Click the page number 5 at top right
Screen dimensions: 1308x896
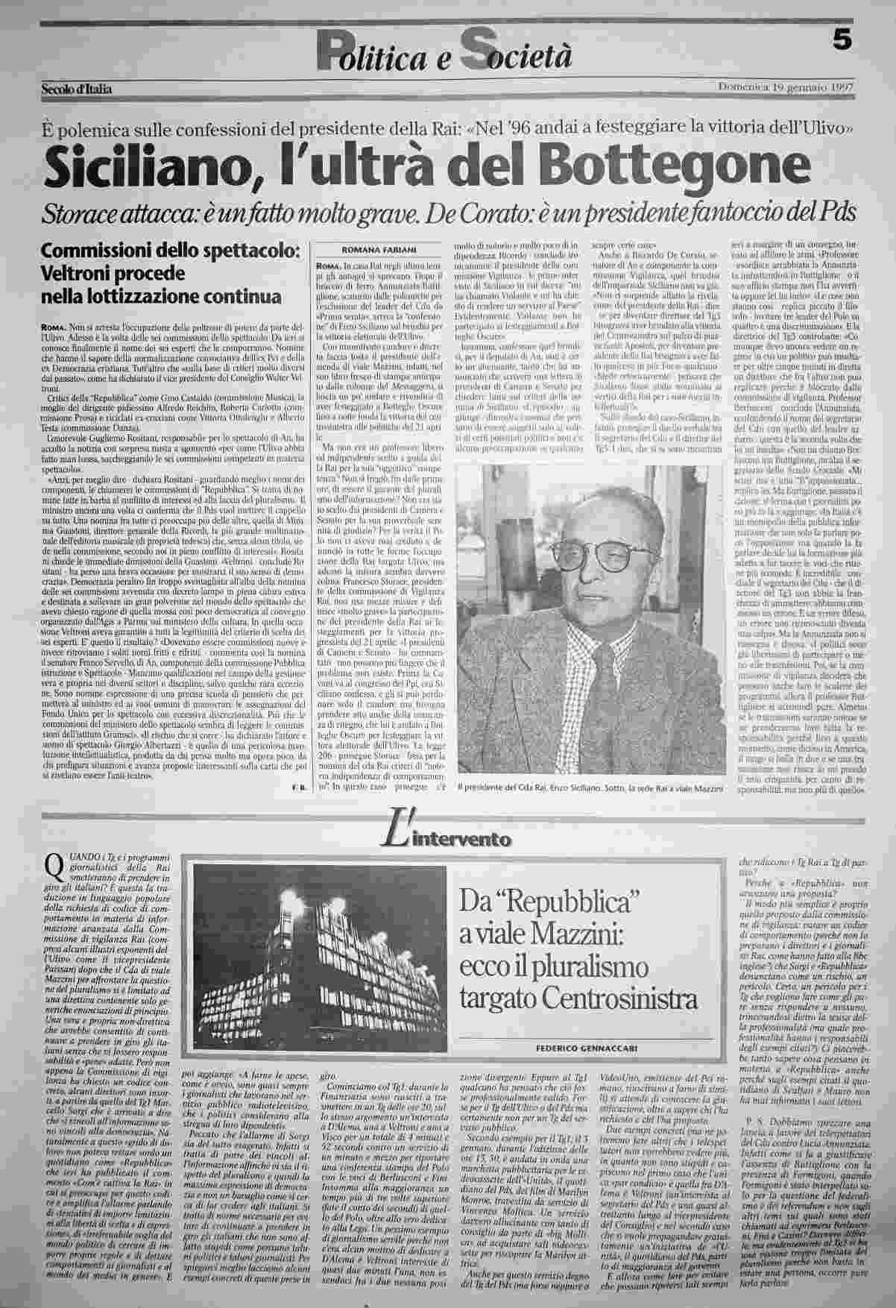[843, 43]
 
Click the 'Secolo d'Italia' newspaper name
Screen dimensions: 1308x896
[77, 89]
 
